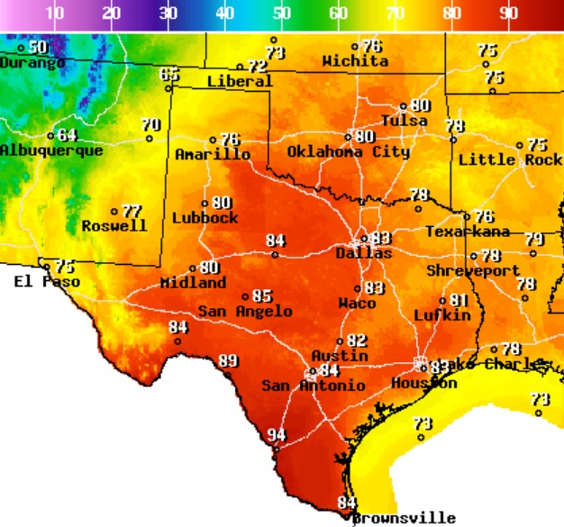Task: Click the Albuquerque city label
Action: pos(51,150)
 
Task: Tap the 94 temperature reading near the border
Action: pos(277,436)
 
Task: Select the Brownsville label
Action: pos(403,518)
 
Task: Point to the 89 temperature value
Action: pos(229,361)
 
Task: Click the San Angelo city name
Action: pos(245,311)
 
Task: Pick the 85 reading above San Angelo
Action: pos(262,295)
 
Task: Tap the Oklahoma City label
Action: pos(348,151)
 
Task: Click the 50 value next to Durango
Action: pos(38,47)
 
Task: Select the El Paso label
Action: pos(47,282)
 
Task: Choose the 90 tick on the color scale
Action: pos(509,14)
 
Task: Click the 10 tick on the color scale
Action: pos(54,14)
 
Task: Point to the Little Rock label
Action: pos(510,159)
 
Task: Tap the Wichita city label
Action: pos(355,61)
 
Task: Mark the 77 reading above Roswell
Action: pos(132,211)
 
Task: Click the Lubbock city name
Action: pos(205,218)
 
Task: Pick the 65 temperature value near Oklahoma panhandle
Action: pos(169,74)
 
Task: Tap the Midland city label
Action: pos(193,283)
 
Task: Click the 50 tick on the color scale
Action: pos(282,14)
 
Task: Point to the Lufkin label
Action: pos(442,315)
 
